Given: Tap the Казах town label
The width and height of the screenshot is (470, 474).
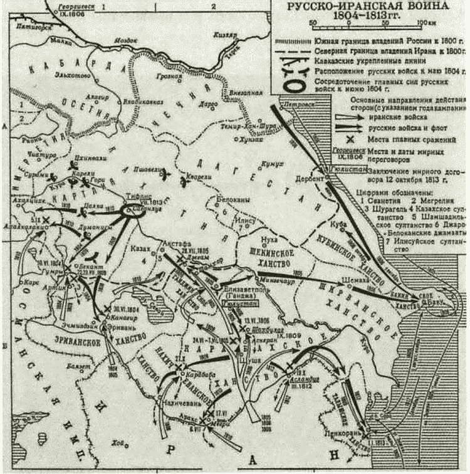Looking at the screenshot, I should click(143, 248).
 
